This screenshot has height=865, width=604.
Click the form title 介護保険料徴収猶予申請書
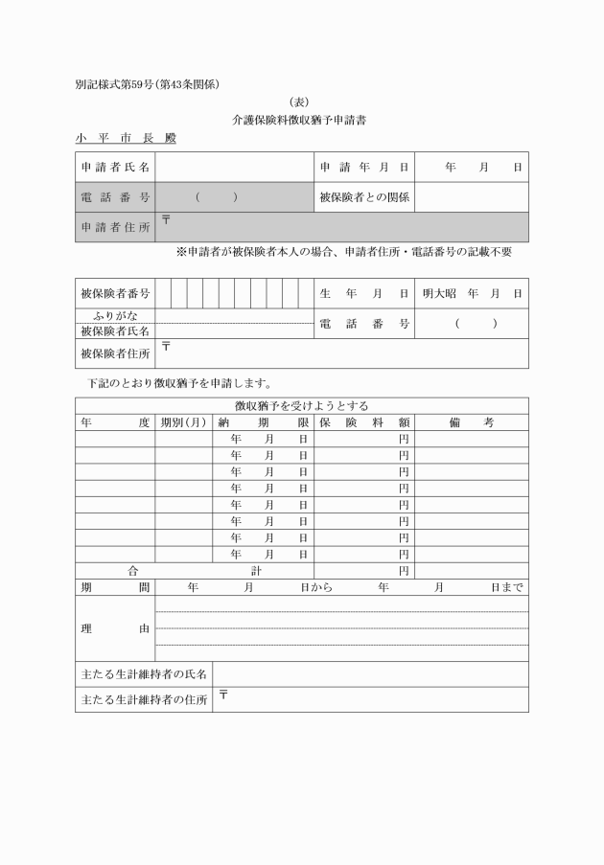click(x=301, y=121)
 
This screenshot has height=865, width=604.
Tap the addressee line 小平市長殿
click(x=126, y=139)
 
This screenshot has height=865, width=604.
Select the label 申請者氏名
click(x=115, y=168)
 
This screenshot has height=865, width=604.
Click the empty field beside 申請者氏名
click(x=234, y=168)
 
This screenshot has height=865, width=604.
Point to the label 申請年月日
click(x=364, y=168)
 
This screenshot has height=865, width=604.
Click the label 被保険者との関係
click(x=364, y=197)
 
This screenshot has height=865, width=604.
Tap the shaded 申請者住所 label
click(x=115, y=227)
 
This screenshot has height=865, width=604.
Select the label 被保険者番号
click(x=115, y=293)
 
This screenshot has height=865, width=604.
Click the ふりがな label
click(x=115, y=315)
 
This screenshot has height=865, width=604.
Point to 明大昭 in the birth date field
click(x=440, y=293)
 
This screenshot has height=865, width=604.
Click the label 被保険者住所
click(x=115, y=353)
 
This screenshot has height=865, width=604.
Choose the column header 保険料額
click(x=364, y=421)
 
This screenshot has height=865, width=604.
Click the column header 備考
click(x=471, y=421)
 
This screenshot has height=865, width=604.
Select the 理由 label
click(x=115, y=628)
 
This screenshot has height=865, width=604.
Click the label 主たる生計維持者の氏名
click(x=144, y=674)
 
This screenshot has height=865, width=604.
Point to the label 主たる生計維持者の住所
click(x=144, y=700)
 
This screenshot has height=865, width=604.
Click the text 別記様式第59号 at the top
click(x=115, y=84)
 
